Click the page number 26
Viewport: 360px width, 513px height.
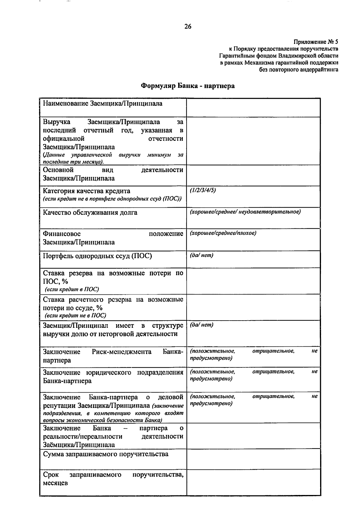[188, 27]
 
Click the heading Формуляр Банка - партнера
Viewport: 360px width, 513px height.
[188, 86]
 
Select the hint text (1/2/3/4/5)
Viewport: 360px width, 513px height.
[203, 190]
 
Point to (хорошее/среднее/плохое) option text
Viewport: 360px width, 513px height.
[223, 233]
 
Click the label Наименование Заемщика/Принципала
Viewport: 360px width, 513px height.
[103, 104]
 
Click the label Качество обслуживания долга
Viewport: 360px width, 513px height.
[90, 213]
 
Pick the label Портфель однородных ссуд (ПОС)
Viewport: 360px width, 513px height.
[97, 256]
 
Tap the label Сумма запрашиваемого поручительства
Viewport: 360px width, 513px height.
[106, 454]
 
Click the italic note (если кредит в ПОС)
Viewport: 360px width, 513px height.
[72, 289]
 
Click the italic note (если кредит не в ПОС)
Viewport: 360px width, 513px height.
[75, 315]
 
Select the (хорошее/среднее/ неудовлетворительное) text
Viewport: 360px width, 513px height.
[245, 212]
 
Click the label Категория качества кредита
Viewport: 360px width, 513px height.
[86, 191]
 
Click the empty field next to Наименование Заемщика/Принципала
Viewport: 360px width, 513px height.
[253, 107]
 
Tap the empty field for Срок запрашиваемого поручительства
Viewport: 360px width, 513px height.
[253, 482]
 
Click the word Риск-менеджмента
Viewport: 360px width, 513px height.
[121, 352]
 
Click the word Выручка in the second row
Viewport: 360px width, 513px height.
[57, 122]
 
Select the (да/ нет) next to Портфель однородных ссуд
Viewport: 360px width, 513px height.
[201, 255]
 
